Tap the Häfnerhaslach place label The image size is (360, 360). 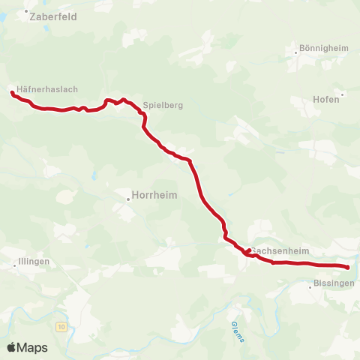[x=47, y=89]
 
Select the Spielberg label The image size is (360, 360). [x=163, y=106]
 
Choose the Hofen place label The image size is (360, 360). [x=325, y=99]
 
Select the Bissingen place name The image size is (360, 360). [x=331, y=286]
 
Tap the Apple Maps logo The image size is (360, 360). [x=27, y=347]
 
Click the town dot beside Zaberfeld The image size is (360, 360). [x=25, y=12]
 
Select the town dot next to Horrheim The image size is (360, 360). [x=127, y=199]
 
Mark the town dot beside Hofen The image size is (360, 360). [x=343, y=94]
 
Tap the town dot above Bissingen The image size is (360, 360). [x=310, y=286]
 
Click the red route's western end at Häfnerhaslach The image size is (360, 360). [x=12, y=93]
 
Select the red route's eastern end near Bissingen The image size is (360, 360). [x=348, y=267]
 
